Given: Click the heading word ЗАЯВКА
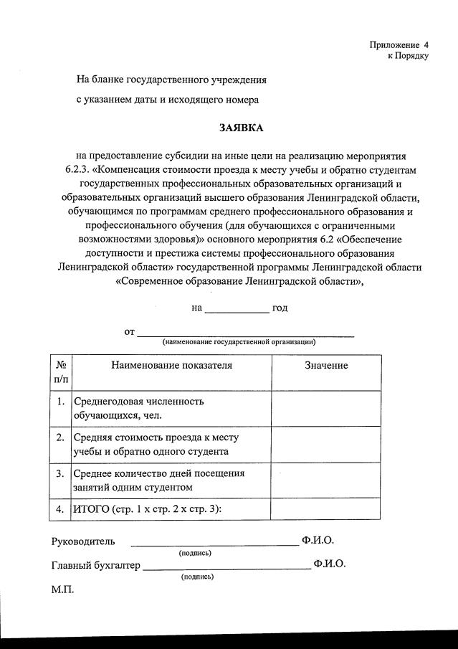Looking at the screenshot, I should [x=241, y=128].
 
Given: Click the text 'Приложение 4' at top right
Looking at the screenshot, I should [x=399, y=44].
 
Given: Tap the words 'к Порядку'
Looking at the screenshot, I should [x=408, y=55].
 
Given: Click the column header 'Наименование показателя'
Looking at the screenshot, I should [x=171, y=366].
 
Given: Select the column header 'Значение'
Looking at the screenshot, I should [x=326, y=366].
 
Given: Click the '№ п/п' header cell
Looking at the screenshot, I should [x=61, y=371].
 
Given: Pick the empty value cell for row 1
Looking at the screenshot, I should [x=326, y=409].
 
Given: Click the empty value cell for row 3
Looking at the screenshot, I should [x=326, y=480].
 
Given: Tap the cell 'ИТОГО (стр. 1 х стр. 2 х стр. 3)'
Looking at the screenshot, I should [x=148, y=509].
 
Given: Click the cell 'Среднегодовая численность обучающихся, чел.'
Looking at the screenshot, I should [x=138, y=408].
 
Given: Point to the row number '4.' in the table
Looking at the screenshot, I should [x=61, y=509].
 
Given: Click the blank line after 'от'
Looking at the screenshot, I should [x=245, y=333].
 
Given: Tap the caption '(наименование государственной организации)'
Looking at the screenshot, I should [x=239, y=342].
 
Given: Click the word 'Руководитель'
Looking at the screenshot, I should [x=83, y=541].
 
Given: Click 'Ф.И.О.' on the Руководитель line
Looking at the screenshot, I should [x=318, y=541].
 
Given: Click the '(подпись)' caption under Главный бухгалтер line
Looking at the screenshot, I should [x=198, y=576].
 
